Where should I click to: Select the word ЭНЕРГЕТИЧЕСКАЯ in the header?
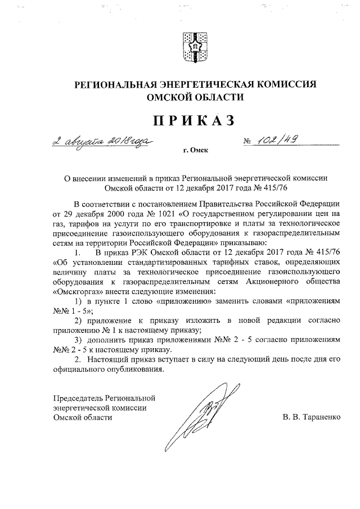tap(202, 84)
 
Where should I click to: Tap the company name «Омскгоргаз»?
tap(76, 292)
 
